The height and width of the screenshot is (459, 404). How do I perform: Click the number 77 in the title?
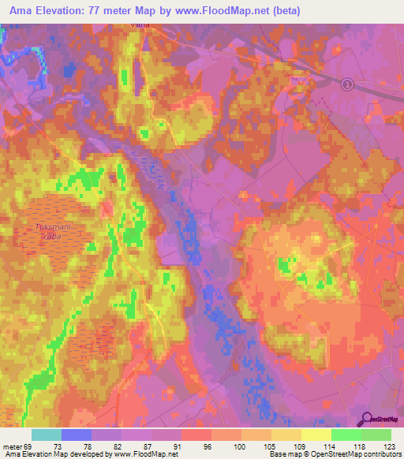coord(105,9)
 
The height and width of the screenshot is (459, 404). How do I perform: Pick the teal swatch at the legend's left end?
coord(46,435)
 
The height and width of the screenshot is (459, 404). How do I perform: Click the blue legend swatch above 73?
coord(76,435)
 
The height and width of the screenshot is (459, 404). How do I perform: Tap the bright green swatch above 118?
coord(346,435)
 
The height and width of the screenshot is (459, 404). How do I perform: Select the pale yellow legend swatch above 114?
coord(316,435)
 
